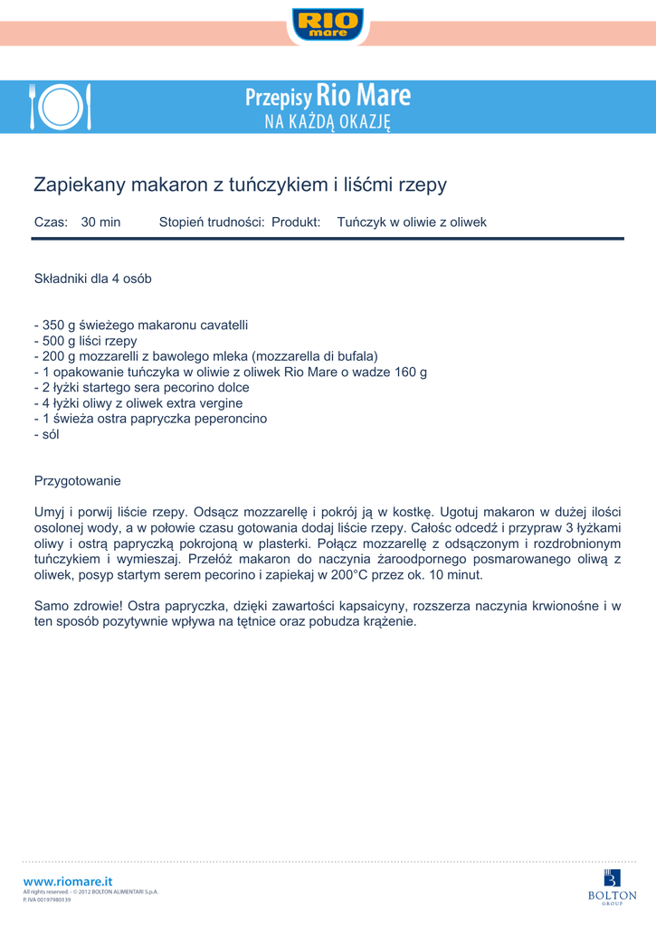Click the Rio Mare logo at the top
coord(328,24)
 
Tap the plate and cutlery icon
coord(60,108)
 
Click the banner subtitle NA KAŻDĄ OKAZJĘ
coord(327,122)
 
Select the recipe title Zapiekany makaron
coord(240,184)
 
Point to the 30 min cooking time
coord(100,222)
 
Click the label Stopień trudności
coord(212,222)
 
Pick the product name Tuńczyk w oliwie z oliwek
coord(412,222)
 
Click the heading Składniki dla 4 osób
coord(92,279)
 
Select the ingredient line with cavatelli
coord(140,325)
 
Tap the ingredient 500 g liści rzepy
coord(85,341)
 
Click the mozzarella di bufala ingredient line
coord(205,356)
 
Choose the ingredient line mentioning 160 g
coord(230,372)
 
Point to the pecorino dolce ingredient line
coord(141,387)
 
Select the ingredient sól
coord(46,434)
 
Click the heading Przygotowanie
coord(77,480)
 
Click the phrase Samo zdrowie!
coord(79,606)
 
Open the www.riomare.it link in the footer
coord(68,881)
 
